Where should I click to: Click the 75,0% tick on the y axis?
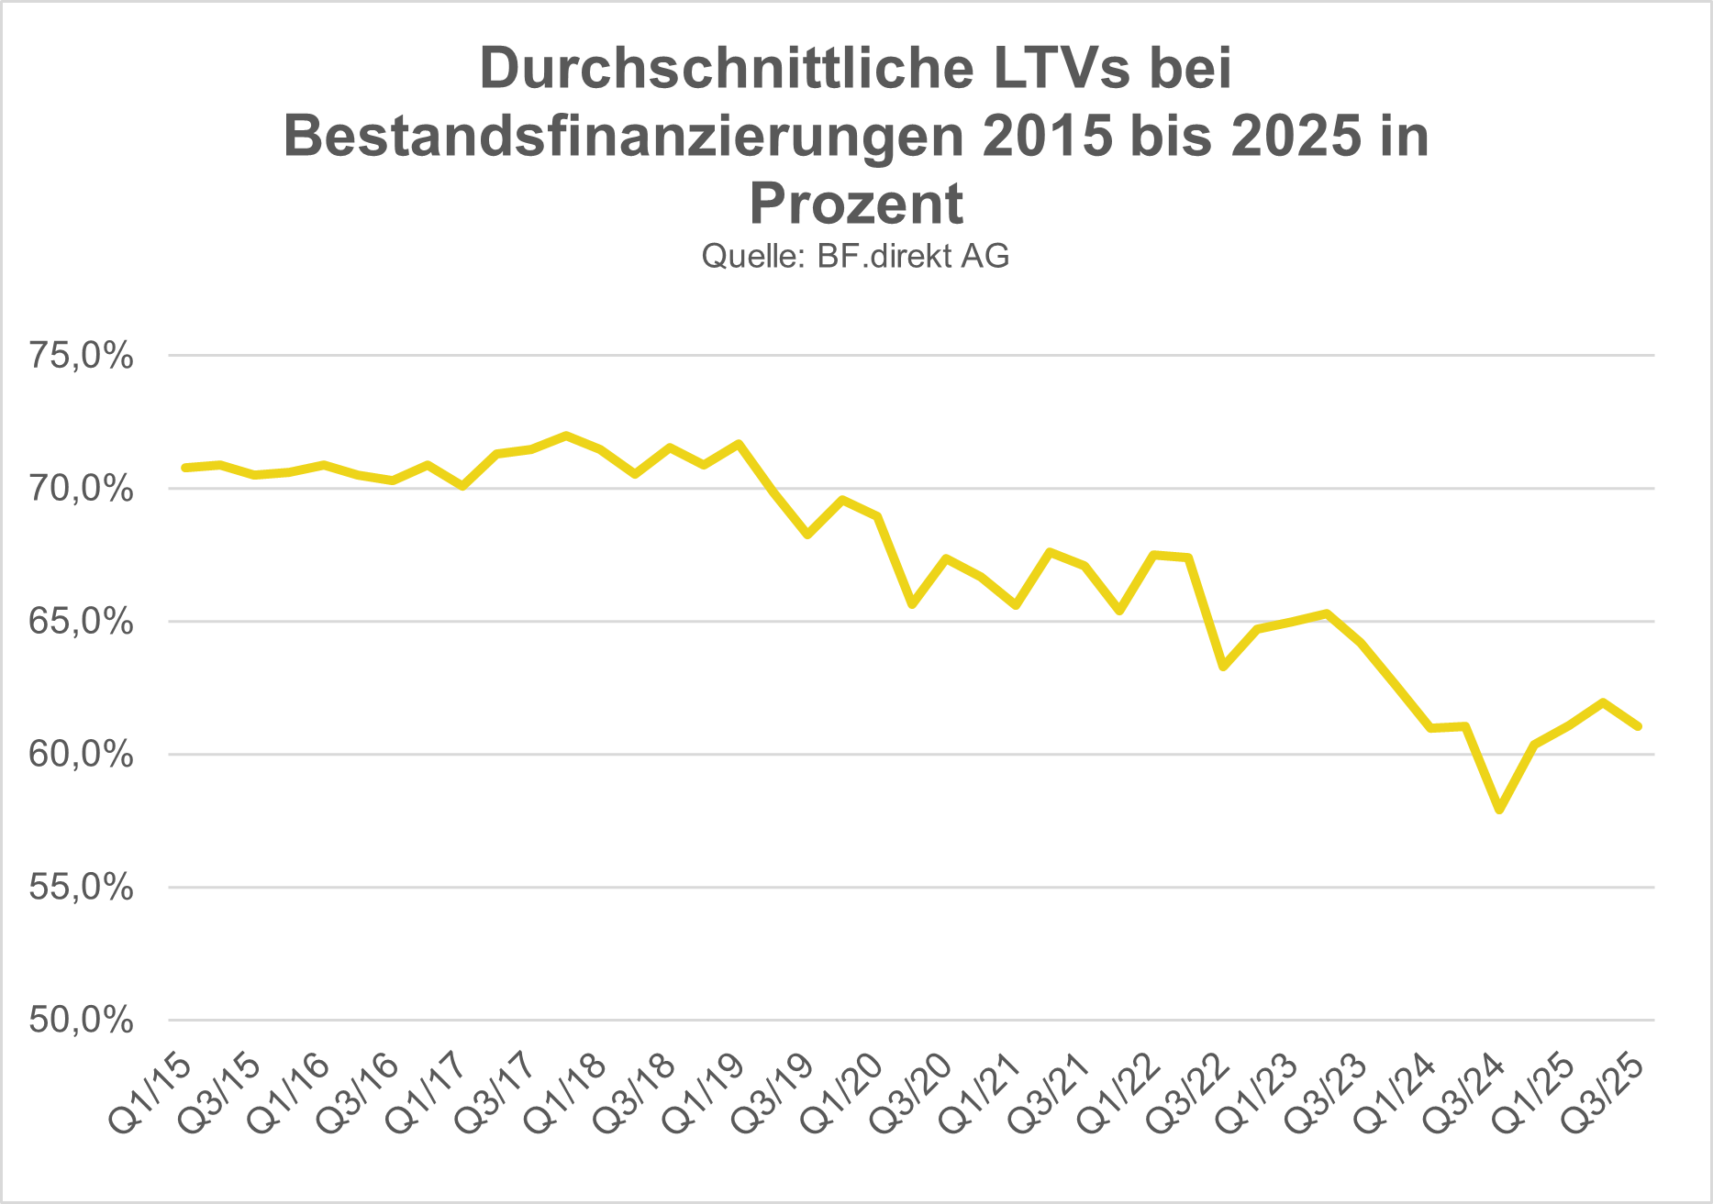point(81,356)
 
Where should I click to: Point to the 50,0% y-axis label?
point(81,1020)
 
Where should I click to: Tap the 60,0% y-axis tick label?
point(81,755)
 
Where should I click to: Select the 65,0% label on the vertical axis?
point(81,622)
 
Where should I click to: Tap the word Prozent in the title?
point(856,204)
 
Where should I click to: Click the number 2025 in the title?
point(1297,137)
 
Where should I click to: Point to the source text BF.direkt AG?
point(913,256)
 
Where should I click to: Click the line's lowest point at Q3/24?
point(1499,810)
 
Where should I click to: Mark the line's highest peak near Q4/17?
point(566,435)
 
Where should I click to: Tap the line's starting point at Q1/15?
point(185,468)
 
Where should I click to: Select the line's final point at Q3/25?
point(1638,726)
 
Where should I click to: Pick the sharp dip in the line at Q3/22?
point(1223,667)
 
